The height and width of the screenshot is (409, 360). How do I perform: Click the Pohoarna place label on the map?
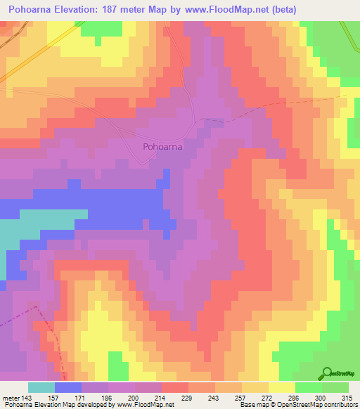coord(162,147)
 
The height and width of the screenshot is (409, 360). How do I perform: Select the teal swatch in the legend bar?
coord(41,387)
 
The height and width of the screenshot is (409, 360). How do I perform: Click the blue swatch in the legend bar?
coord(67,387)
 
